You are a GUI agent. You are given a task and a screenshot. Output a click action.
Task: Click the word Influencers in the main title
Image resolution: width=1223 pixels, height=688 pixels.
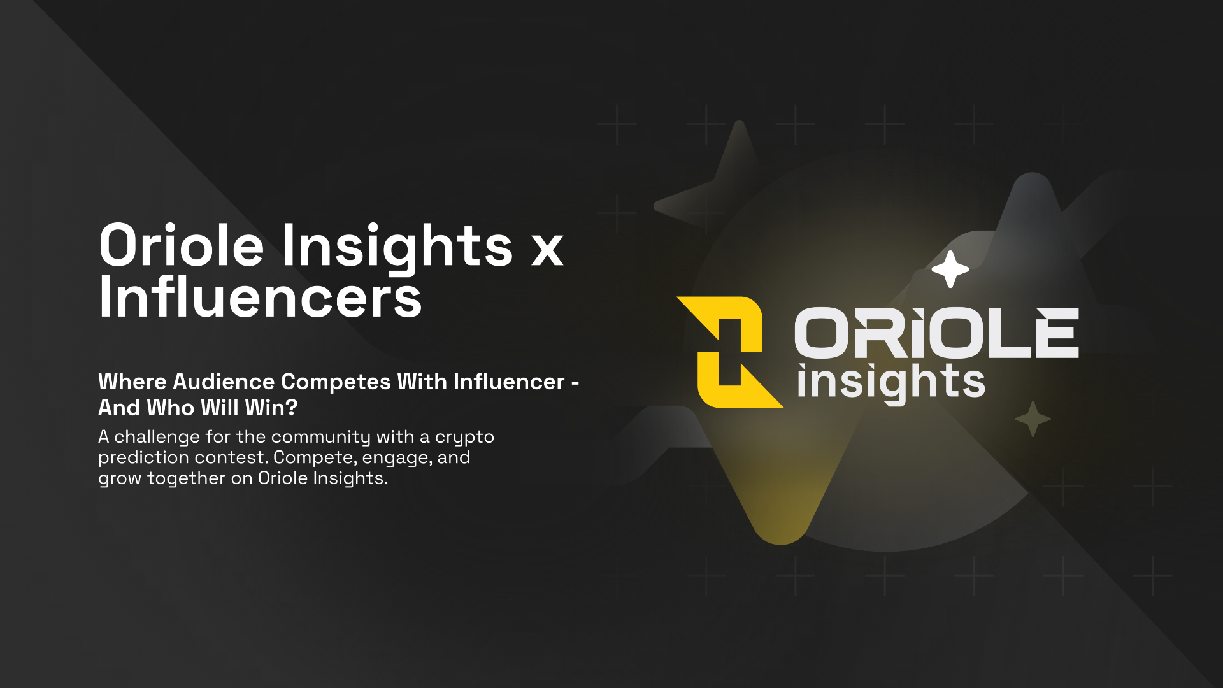tap(261, 297)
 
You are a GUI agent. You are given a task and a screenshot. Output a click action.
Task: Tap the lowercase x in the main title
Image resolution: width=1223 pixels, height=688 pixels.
tap(547, 249)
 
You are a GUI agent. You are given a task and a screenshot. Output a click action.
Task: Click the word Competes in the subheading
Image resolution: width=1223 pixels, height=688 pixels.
tap(336, 382)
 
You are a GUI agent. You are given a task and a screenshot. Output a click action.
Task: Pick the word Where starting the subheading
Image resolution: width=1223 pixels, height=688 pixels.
tap(132, 382)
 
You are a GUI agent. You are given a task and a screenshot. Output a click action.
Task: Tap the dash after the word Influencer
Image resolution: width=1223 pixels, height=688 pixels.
tap(575, 383)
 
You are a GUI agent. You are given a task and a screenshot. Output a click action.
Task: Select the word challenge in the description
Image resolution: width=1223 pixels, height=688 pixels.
tap(157, 438)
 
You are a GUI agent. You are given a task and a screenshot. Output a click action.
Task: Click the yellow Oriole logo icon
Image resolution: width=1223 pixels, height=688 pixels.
tap(730, 352)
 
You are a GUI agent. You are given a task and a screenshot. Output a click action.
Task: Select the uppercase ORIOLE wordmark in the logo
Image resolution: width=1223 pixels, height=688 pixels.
tap(936, 333)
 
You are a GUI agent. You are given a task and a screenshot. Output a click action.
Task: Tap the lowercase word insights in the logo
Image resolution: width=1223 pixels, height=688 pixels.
tap(891, 383)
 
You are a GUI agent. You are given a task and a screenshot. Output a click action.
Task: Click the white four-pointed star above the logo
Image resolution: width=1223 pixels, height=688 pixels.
tap(950, 269)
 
